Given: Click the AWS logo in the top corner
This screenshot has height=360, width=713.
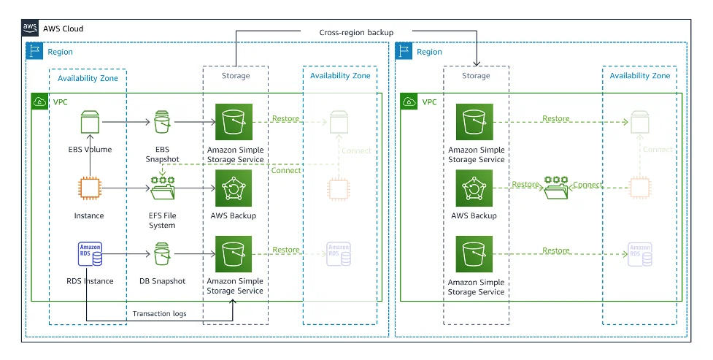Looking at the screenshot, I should (30, 28).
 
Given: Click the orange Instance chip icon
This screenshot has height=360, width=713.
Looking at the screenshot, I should (89, 189).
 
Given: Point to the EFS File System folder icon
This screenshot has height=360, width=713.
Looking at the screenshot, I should (162, 189).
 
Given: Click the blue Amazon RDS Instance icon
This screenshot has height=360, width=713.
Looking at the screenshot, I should (89, 254).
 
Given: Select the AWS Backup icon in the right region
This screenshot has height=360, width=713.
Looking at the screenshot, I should (474, 189).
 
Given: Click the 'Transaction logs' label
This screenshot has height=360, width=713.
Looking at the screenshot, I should (159, 314).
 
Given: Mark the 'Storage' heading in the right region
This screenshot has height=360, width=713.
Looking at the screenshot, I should (476, 75).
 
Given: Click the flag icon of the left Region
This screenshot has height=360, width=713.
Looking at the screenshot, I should (35, 51).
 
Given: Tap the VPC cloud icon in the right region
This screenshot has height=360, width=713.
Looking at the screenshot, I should (409, 102).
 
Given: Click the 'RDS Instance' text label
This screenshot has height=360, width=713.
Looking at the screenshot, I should (89, 281).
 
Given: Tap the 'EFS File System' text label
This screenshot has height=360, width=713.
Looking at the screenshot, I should (162, 221).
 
